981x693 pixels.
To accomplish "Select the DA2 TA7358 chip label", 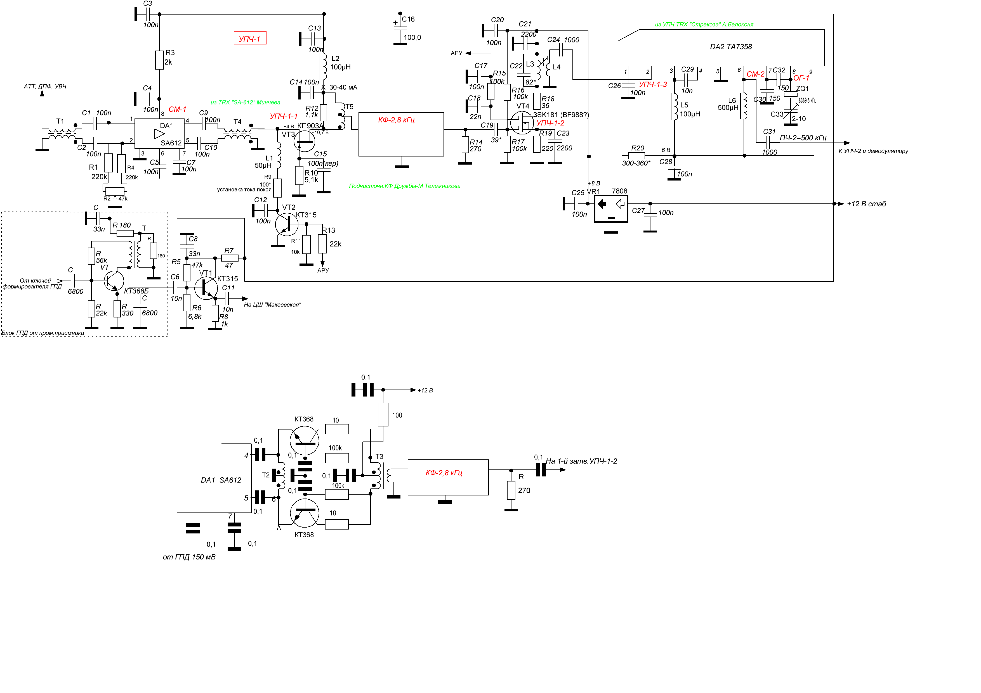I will [x=731, y=47].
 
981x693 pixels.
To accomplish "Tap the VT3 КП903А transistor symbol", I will [x=305, y=141].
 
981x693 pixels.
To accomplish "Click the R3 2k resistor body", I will [x=159, y=60].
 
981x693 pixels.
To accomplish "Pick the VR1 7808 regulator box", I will [x=611, y=209].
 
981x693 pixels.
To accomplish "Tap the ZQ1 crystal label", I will [x=802, y=88].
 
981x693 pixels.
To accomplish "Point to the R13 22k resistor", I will [x=323, y=243].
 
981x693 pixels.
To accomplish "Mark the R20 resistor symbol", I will [x=637, y=156].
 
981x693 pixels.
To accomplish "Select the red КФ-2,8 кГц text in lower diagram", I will [x=444, y=473].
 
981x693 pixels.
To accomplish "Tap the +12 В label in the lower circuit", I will [x=425, y=390].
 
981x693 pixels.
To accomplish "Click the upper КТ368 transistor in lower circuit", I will [x=304, y=440].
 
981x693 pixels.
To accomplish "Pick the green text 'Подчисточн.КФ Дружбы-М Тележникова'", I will [x=405, y=186].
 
